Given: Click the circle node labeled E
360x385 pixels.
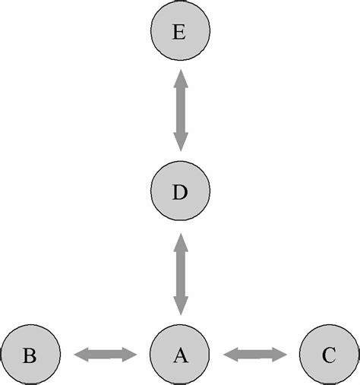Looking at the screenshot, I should [179, 33].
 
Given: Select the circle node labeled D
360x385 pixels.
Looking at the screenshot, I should [179, 191].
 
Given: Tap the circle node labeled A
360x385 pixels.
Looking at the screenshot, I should [179, 354].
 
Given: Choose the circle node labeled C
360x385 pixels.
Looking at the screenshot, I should [329, 354].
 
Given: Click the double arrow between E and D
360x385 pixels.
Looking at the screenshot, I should [180, 109].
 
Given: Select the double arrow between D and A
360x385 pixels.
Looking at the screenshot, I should [180, 273].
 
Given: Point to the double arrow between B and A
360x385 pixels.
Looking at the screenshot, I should [105, 354].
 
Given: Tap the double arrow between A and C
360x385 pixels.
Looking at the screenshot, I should [255, 354].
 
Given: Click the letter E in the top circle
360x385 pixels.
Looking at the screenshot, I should [179, 33].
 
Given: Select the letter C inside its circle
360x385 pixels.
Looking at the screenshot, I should [329, 355].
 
